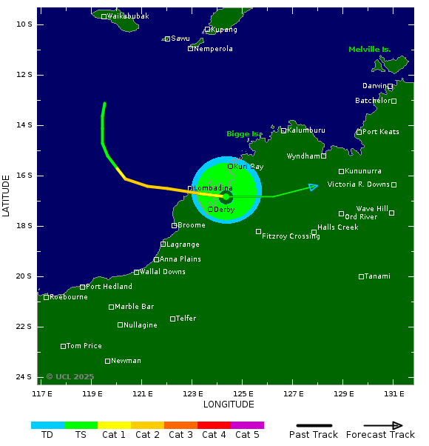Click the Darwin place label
(374, 86)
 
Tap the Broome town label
(192, 225)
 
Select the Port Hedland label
(109, 287)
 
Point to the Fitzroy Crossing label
(291, 236)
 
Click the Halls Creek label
(337, 227)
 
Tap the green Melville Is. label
(369, 50)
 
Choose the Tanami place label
(377, 276)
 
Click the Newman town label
(126, 361)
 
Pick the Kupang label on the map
(224, 30)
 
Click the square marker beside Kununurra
(342, 171)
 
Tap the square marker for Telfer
(173, 319)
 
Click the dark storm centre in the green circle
(226, 196)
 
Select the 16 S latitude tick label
(24, 176)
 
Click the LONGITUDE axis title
(229, 405)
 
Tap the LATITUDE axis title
(7, 196)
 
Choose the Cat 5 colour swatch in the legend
(247, 425)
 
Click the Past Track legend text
(313, 435)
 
